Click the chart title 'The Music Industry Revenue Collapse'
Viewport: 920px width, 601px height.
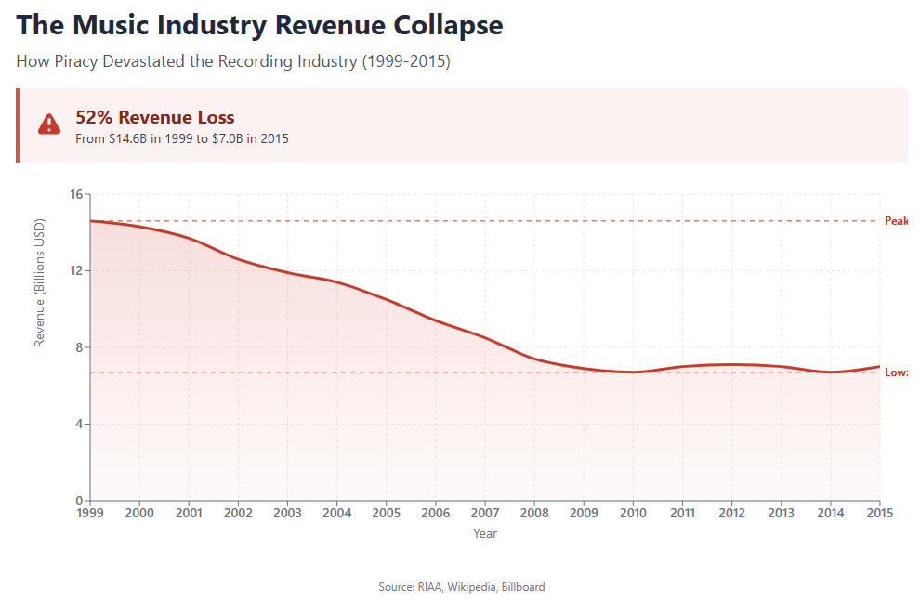coord(259,25)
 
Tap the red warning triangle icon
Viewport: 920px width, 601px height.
coord(49,124)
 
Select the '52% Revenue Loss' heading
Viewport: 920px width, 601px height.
coord(154,117)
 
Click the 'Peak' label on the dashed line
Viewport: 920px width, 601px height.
coord(896,221)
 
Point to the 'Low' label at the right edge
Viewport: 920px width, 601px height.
coord(896,372)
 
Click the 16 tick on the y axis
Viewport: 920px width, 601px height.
coord(76,194)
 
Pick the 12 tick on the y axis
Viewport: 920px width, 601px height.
coord(76,271)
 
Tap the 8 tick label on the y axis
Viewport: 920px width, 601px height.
coord(79,347)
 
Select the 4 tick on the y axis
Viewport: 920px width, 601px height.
coord(79,425)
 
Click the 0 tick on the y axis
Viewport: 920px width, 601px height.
coord(79,501)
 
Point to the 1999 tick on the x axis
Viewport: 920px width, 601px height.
coord(90,513)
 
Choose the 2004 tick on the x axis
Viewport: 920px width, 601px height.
coord(337,513)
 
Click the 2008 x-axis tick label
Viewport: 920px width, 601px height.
coord(534,513)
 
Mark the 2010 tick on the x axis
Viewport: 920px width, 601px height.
coord(633,513)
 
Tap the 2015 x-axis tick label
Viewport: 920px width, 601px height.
coord(879,513)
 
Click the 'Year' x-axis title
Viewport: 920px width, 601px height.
coord(484,534)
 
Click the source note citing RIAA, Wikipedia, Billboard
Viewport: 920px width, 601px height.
coord(462,587)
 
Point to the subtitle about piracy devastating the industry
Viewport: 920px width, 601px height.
coord(233,62)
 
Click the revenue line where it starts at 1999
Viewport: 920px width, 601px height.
coord(91,221)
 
